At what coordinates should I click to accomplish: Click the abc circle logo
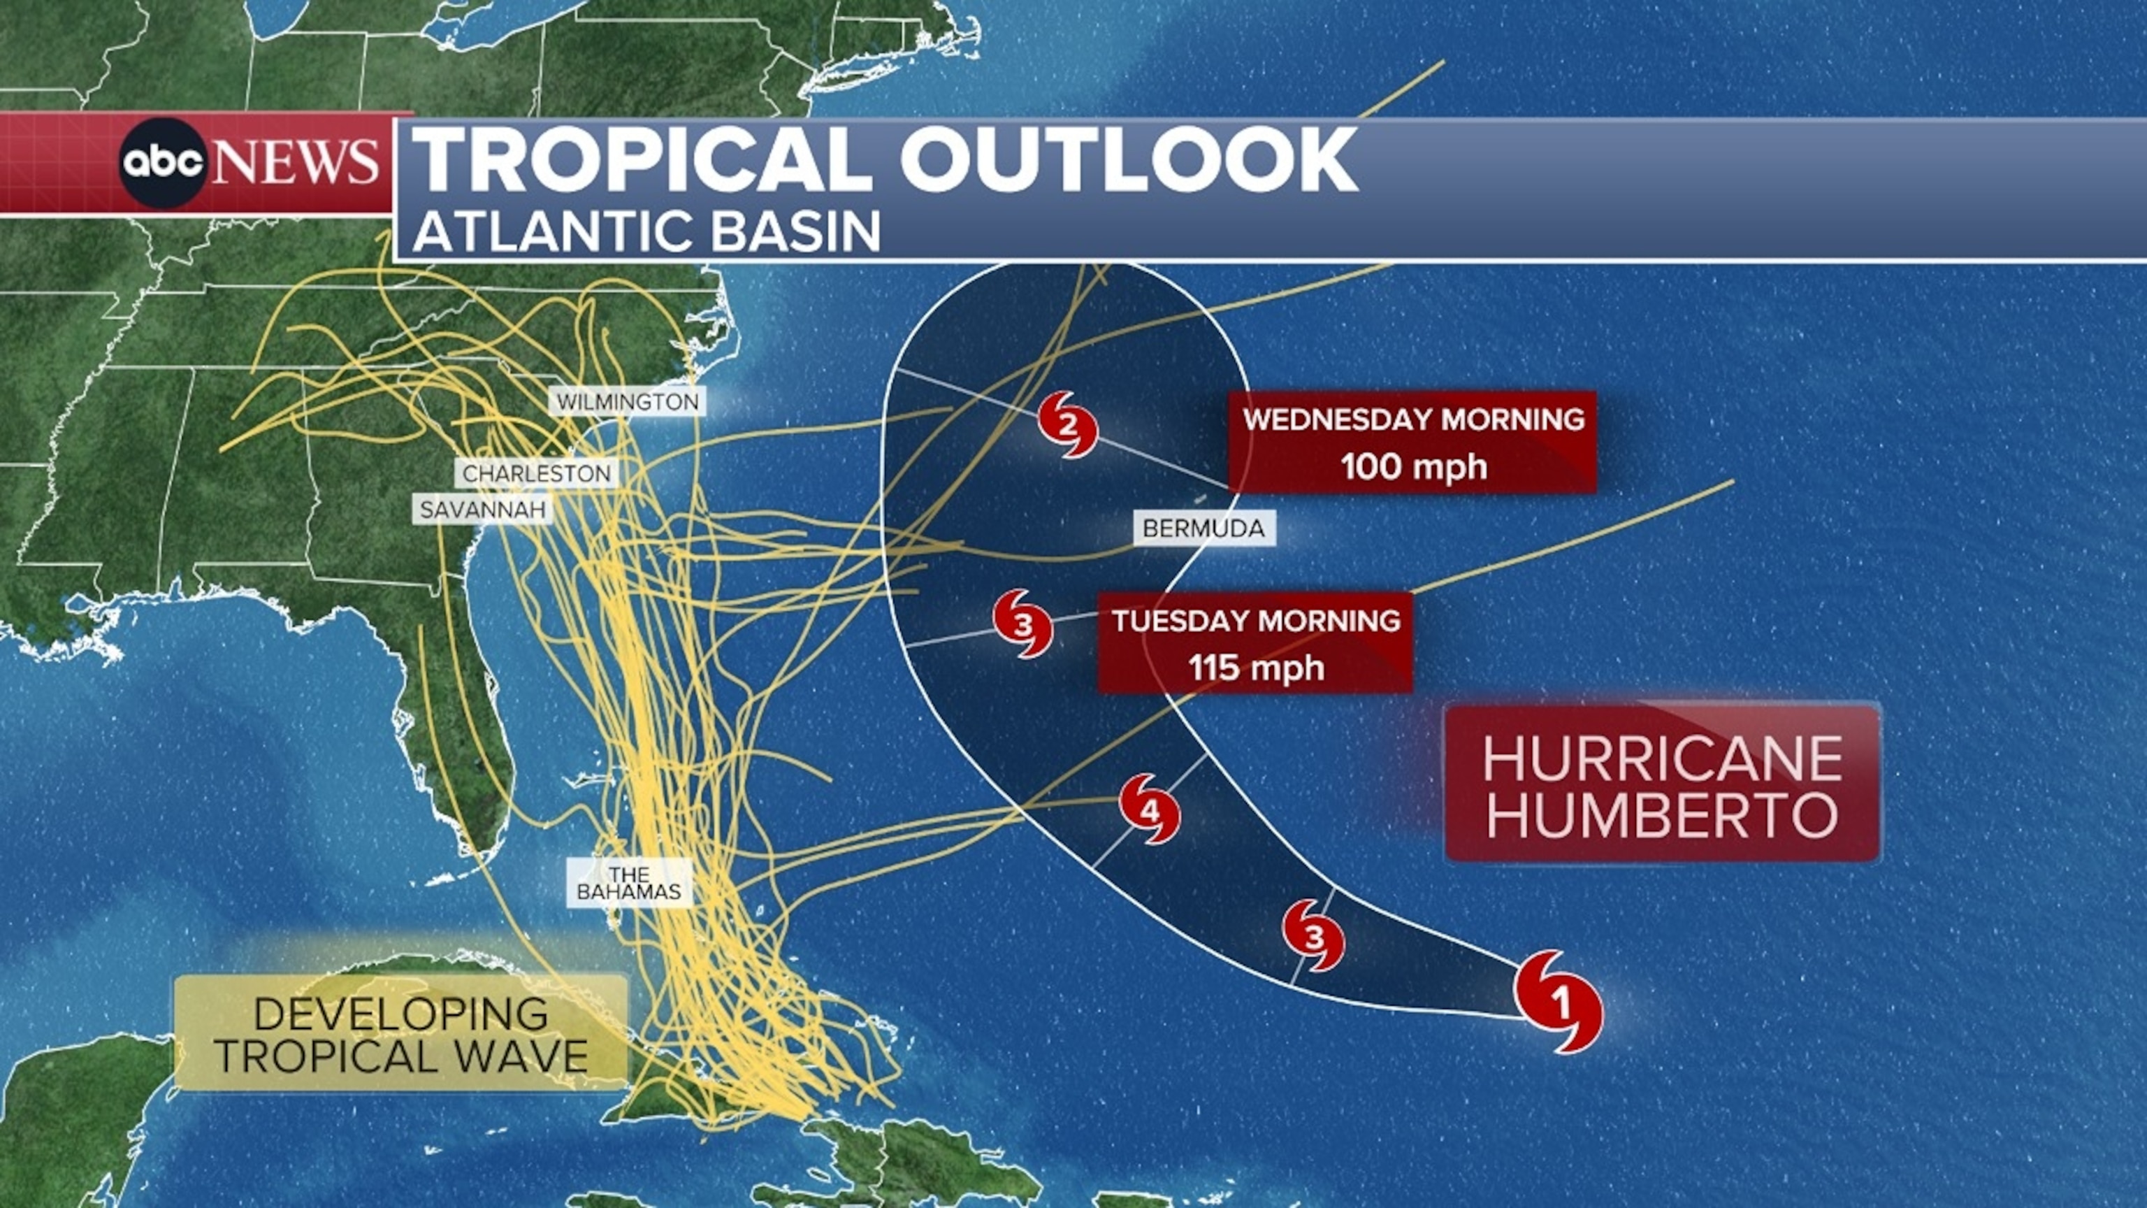(163, 164)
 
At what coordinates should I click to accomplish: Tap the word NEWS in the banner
(295, 164)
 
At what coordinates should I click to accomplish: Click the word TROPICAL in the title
(642, 160)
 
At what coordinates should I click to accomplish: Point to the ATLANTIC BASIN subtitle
(646, 231)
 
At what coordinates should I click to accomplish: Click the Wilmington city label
(628, 402)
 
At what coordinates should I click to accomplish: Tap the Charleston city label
(536, 473)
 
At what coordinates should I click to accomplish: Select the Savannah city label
(482, 510)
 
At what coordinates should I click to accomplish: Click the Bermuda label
(1203, 528)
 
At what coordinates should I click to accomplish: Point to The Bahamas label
(629, 883)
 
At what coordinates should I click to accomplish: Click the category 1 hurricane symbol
(1558, 1001)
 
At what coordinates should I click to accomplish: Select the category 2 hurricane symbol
(1068, 426)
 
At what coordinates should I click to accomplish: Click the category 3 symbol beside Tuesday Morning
(1023, 624)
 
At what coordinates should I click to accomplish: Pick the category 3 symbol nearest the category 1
(1313, 935)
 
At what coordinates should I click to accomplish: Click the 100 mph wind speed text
(1414, 467)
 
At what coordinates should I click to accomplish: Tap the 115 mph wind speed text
(1256, 668)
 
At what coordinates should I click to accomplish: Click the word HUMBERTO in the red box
(1662, 815)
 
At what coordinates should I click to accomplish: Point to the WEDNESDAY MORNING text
(1414, 419)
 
